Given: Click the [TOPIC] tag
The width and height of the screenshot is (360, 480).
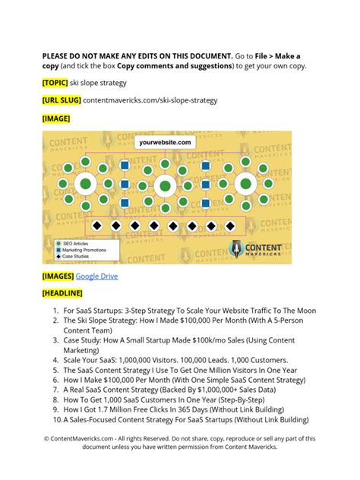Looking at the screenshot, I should (55, 82).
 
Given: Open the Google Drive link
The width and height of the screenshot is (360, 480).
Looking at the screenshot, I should (96, 276).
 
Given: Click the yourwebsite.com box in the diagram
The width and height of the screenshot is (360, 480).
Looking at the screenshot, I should (164, 141).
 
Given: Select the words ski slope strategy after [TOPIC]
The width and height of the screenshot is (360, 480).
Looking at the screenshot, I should (99, 82).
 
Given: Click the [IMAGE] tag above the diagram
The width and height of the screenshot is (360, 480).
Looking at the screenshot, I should (57, 118).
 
